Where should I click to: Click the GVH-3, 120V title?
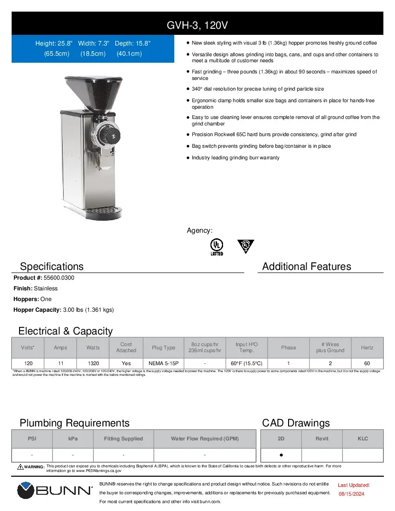pos(197,24)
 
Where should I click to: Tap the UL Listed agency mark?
pos(217,247)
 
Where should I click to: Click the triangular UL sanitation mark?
pos(246,246)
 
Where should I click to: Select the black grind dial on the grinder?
pos(106,135)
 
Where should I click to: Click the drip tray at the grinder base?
pos(105,212)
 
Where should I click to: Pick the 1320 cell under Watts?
pos(93,363)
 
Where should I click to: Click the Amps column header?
pos(60,347)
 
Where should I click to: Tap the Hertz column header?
pos(367,347)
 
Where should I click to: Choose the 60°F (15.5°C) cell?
pos(246,363)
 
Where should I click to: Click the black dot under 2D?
pos(281,455)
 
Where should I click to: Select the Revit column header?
pos(322,439)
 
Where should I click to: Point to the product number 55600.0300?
pos(59,278)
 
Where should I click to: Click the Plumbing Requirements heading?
pos(74,423)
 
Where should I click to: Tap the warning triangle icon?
pos(20,466)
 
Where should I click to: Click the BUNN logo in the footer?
pos(55,491)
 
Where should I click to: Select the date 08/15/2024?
pos(351,494)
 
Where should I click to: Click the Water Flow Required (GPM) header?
pos(204,439)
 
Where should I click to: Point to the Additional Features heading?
pos(306,266)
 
